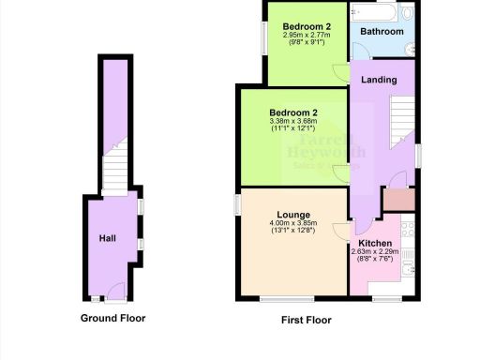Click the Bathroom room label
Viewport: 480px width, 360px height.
[382, 32]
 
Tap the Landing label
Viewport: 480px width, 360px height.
[379, 80]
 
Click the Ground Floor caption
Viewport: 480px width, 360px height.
[112, 318]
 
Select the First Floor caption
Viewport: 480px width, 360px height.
[306, 320]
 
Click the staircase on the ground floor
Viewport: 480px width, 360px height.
[112, 173]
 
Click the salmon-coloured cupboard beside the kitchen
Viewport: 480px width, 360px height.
[398, 199]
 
